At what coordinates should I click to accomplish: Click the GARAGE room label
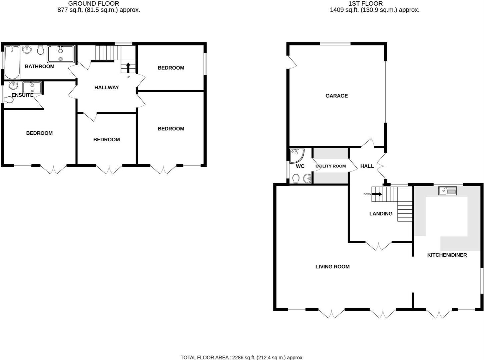(x=337, y=96)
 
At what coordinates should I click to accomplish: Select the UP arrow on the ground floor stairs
(x=128, y=67)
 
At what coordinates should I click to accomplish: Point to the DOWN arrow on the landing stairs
(x=377, y=194)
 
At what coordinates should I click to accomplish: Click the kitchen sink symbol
(x=447, y=191)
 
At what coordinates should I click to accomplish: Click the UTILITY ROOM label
(x=331, y=166)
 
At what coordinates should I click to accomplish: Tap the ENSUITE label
(x=22, y=95)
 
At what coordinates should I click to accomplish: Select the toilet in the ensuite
(x=9, y=99)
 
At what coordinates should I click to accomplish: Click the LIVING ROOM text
(x=332, y=267)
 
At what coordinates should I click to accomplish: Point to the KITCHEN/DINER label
(x=447, y=255)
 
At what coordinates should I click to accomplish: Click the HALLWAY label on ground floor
(x=106, y=88)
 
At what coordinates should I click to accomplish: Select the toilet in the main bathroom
(x=41, y=51)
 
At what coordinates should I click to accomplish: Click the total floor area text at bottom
(x=242, y=357)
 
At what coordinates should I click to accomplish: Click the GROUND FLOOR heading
(x=93, y=4)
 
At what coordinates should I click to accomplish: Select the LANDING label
(x=381, y=214)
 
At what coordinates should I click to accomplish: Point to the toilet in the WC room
(x=296, y=179)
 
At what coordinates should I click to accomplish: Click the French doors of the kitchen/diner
(x=439, y=314)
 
